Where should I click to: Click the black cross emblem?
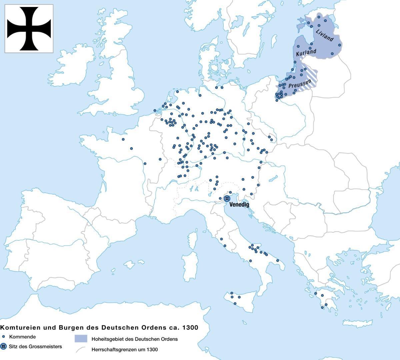tap(29, 29)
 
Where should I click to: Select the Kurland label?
tap(306, 53)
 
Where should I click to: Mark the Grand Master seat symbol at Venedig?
tap(227, 198)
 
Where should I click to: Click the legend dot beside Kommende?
tap(3, 337)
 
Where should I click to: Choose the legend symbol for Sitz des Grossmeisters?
tap(3, 346)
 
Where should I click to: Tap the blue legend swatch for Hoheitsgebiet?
tap(81, 339)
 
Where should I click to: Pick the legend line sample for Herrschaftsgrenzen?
tap(81, 350)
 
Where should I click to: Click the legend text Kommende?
tap(22, 337)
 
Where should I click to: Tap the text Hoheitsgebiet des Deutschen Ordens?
tap(135, 339)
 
